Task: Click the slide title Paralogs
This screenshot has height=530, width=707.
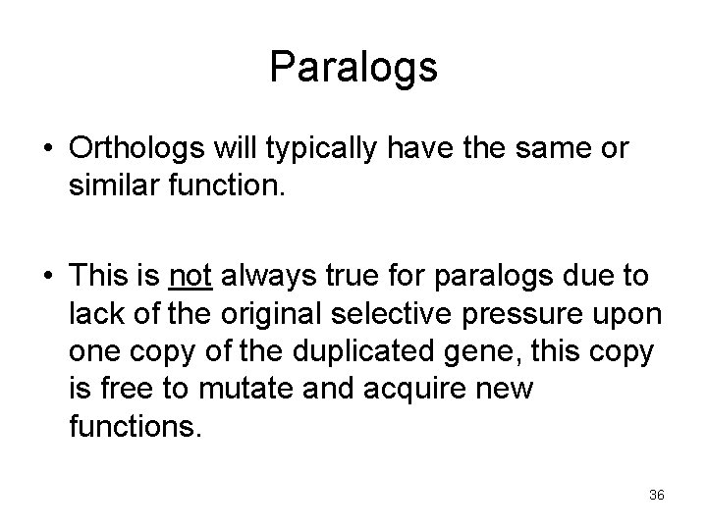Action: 353,68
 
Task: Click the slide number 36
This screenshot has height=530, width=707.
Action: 657,496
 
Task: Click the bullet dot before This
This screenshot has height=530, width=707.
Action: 48,279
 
